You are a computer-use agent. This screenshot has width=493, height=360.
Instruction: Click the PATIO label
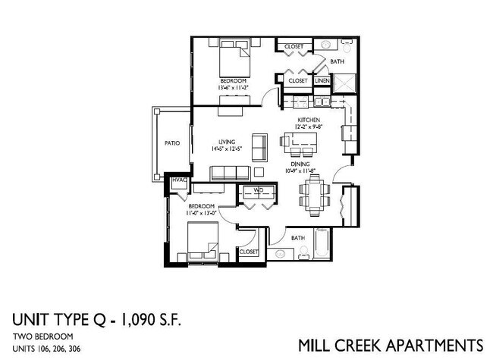coord(172,142)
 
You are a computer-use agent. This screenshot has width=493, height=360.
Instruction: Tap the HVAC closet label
coord(179,180)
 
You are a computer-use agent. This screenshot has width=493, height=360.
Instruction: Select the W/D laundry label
coord(258,189)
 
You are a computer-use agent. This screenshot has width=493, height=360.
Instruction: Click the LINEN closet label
coord(322,80)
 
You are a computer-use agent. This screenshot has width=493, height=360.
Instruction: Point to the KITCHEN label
coord(307,120)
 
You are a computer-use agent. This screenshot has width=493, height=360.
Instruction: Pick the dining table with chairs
coord(315,195)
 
